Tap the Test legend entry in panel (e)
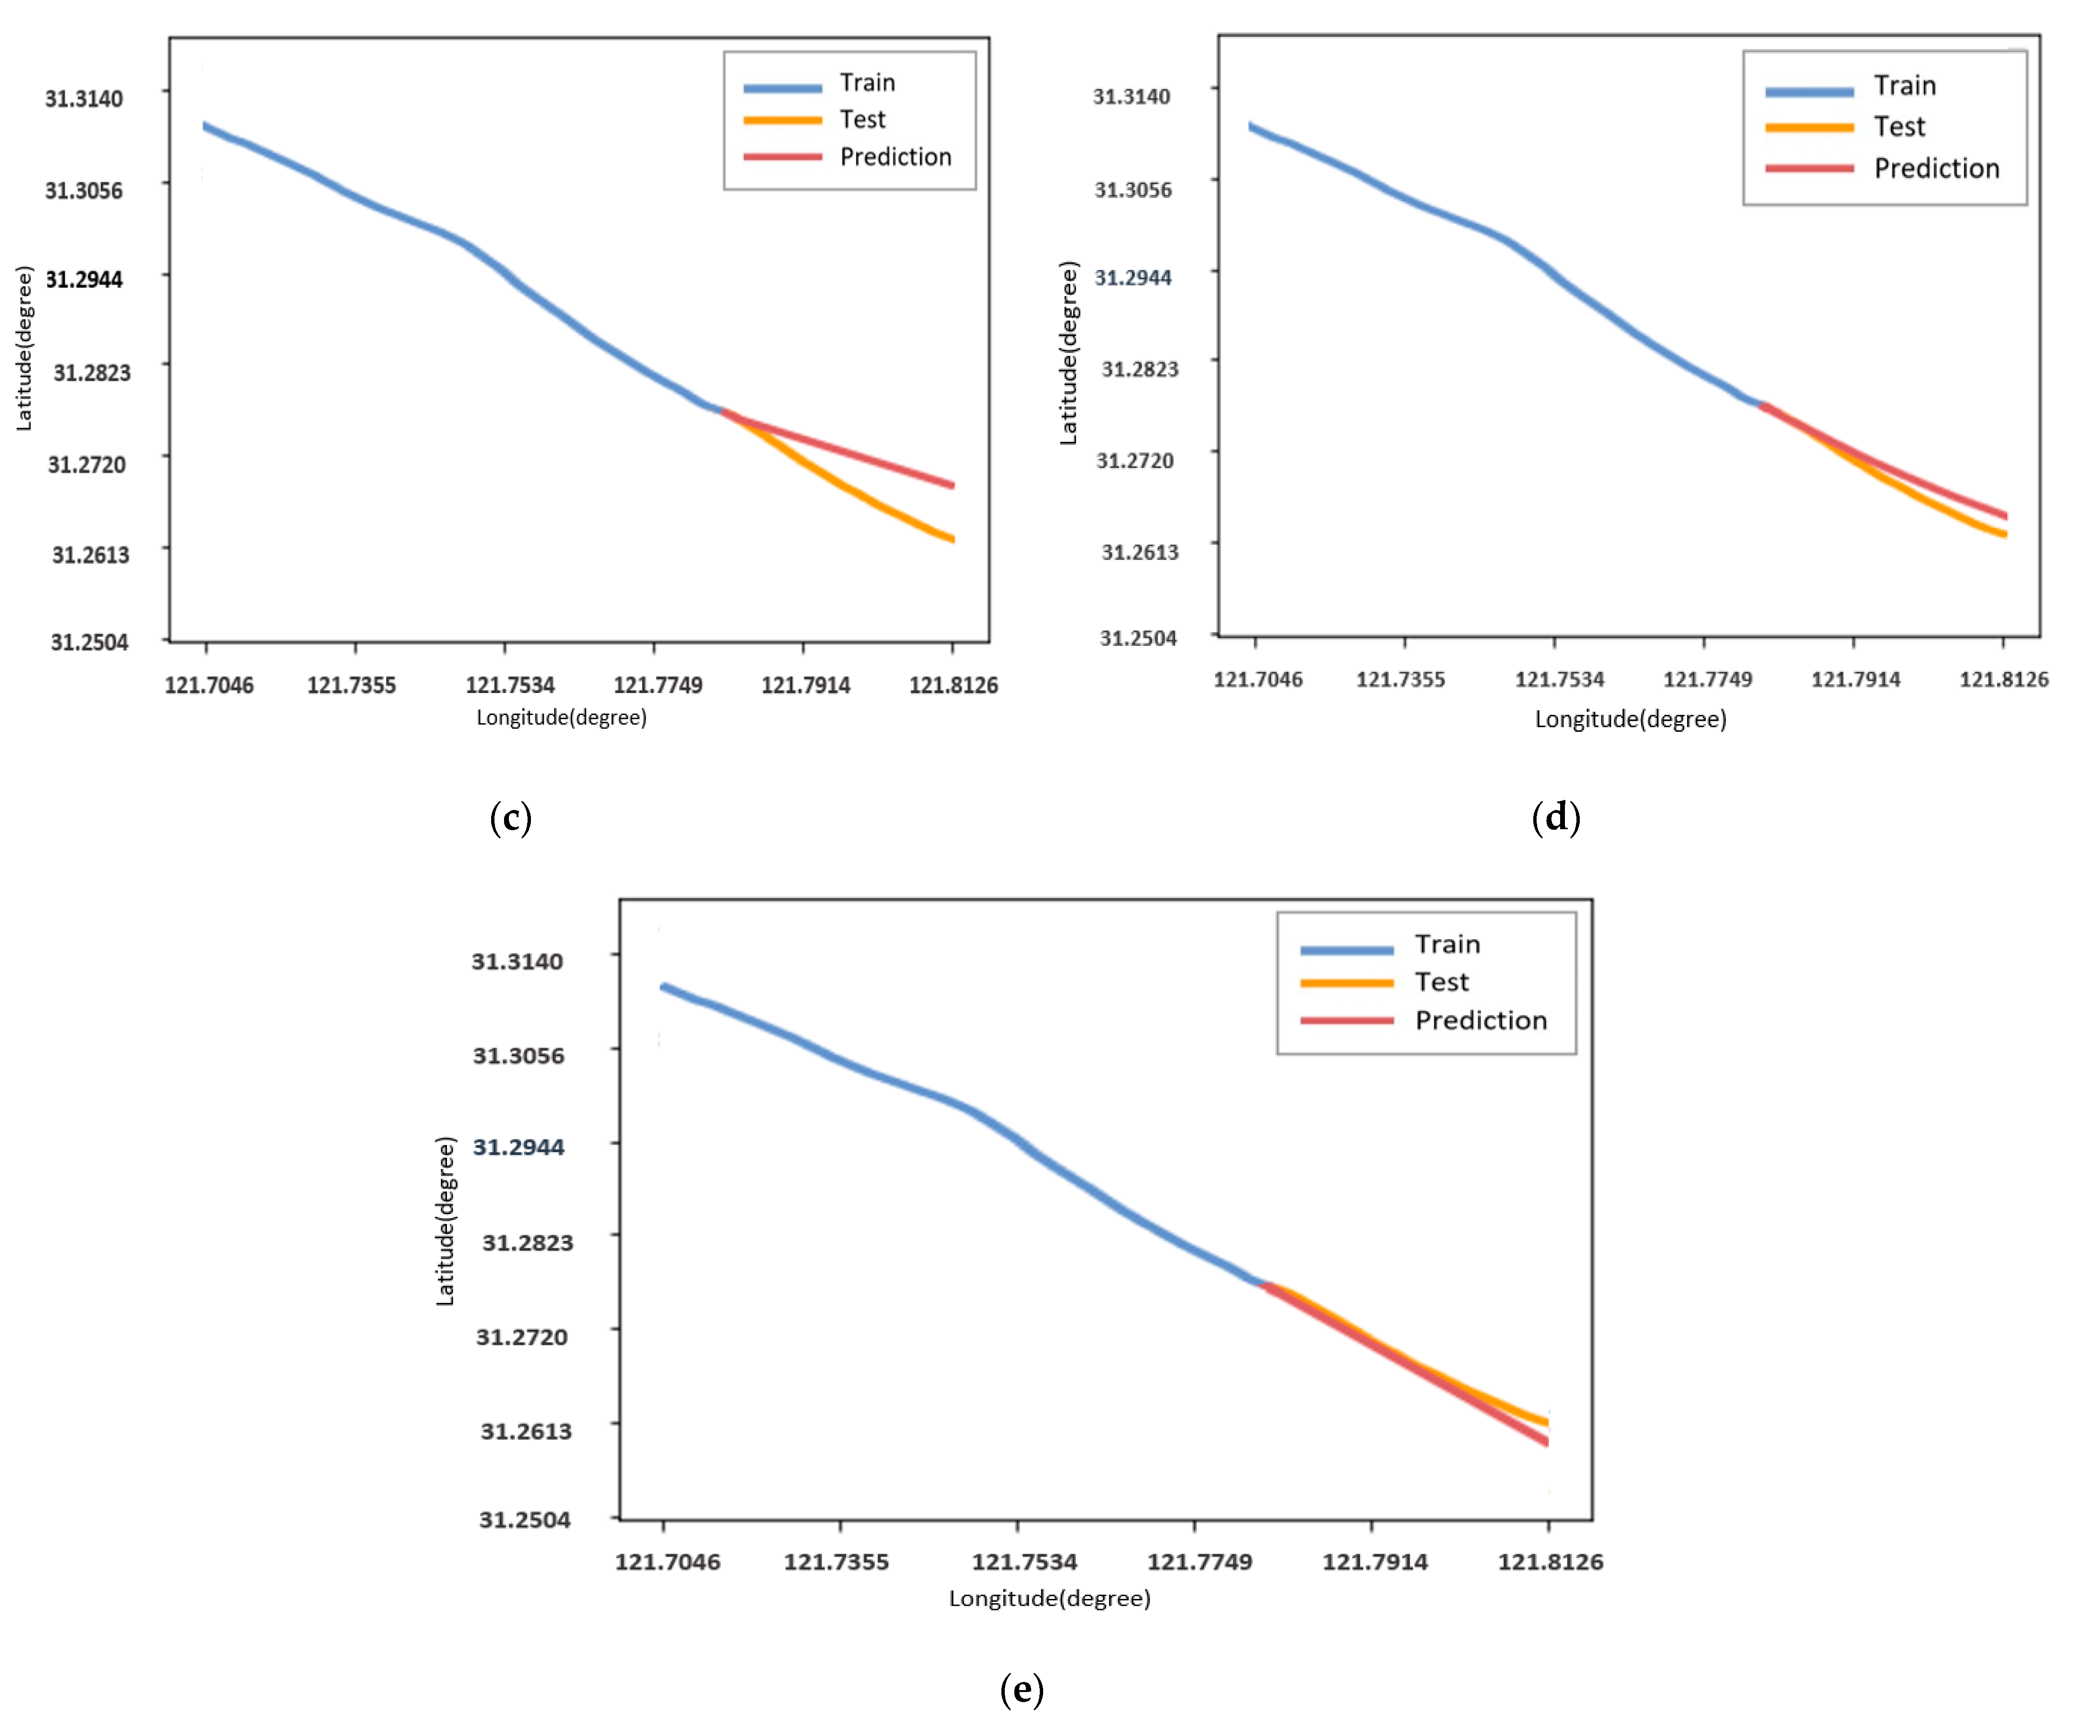(1441, 982)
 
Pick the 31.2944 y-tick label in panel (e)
(518, 1147)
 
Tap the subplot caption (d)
(1555, 817)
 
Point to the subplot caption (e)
(1021, 1689)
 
